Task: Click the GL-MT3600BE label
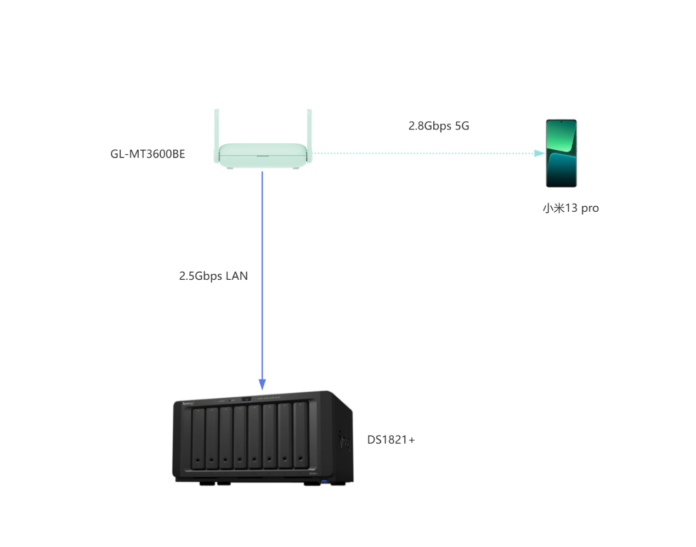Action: pos(148,154)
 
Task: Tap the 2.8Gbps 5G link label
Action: pos(438,126)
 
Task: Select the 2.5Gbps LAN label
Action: pos(213,276)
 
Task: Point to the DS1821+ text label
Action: pos(391,440)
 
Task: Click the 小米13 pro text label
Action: pos(570,208)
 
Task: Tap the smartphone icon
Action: pos(561,154)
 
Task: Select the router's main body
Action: pos(262,155)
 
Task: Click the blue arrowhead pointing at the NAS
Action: pos(262,384)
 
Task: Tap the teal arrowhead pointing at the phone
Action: pos(539,154)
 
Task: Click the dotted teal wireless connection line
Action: pos(422,154)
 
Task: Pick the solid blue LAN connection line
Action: pos(262,247)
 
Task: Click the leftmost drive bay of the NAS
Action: pos(198,438)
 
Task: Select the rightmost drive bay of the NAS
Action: pos(301,435)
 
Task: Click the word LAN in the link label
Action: pos(236,276)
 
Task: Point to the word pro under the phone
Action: pos(590,208)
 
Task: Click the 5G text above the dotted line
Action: pos(462,126)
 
